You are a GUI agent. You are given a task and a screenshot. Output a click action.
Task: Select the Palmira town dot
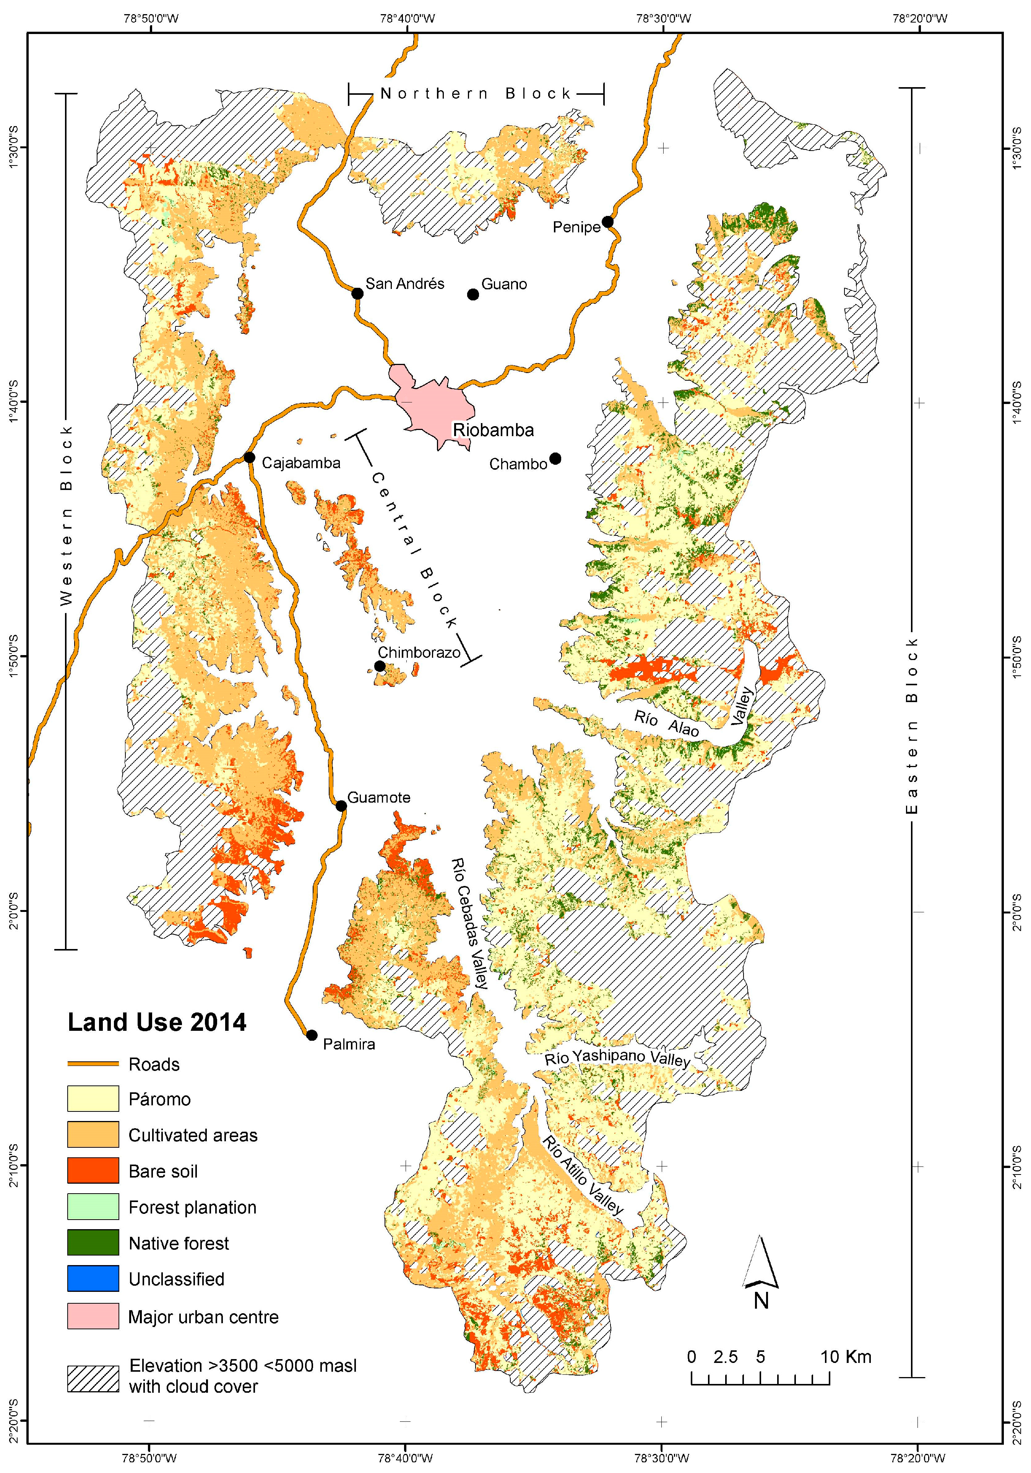point(312,1035)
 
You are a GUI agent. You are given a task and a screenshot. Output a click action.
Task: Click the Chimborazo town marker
point(380,666)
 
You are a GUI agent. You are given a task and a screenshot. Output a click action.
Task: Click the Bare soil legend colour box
point(93,1171)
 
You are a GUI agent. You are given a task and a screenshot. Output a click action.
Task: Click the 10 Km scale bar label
point(846,1357)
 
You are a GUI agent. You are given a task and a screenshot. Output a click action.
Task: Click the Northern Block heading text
point(476,94)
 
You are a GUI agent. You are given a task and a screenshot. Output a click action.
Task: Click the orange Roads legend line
point(93,1064)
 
